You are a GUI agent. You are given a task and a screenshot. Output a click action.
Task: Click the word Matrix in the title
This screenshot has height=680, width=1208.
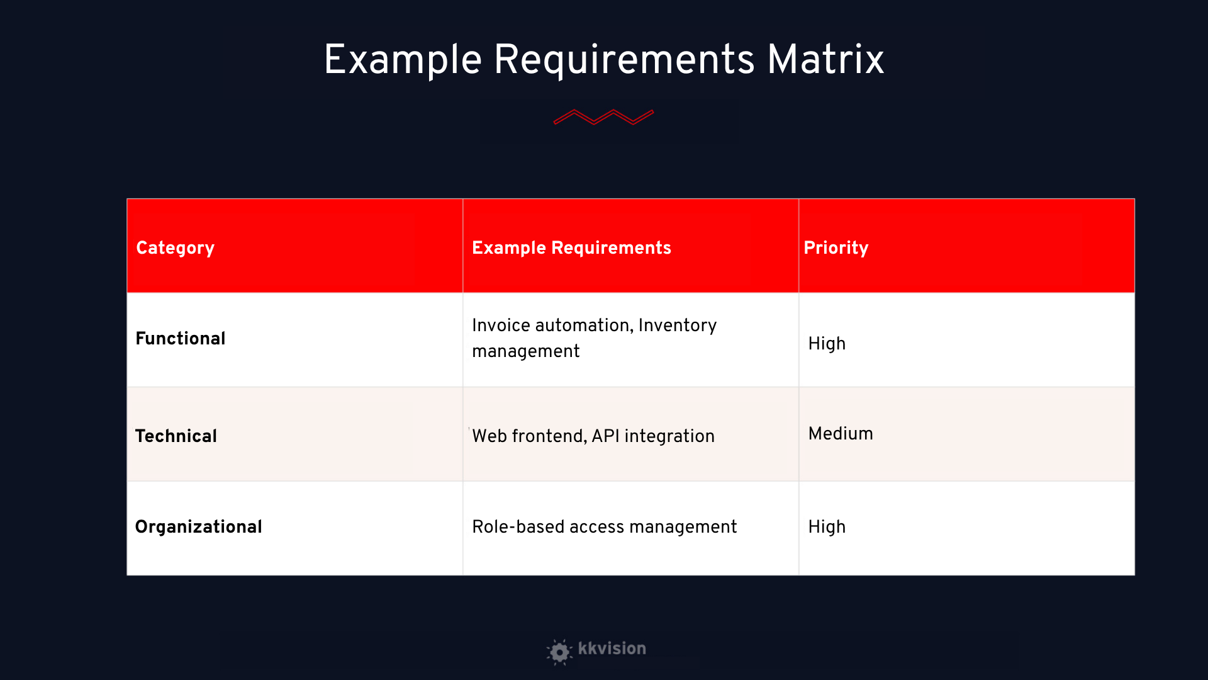(825, 60)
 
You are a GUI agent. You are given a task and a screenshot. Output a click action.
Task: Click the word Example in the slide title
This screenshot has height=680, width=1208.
(403, 61)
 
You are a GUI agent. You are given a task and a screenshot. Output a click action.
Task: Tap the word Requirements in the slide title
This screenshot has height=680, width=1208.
(624, 60)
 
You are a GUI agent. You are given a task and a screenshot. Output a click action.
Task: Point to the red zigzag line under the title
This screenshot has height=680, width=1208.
(604, 117)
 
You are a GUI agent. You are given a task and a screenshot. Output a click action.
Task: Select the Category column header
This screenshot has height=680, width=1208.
(176, 248)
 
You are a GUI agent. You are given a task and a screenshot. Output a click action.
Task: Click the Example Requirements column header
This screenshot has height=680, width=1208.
(571, 248)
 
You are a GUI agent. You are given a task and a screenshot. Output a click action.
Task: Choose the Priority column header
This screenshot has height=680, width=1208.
(836, 248)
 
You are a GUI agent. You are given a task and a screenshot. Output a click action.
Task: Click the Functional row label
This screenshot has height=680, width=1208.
(181, 339)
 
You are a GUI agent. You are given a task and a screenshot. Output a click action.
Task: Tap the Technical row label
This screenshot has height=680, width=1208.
(176, 436)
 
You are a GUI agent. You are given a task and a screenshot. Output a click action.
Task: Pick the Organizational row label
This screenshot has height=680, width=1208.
(199, 527)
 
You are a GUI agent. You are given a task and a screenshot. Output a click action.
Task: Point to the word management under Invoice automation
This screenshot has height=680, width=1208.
(526, 351)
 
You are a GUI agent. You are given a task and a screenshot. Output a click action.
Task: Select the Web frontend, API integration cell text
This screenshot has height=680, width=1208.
(593, 436)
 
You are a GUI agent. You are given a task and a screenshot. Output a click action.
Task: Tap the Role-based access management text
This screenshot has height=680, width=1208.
(605, 527)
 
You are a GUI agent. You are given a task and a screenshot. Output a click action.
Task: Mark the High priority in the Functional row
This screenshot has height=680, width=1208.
(827, 344)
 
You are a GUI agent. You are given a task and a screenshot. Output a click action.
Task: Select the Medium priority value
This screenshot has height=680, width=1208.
(841, 434)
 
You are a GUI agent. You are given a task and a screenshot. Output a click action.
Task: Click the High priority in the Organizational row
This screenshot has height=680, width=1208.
(827, 527)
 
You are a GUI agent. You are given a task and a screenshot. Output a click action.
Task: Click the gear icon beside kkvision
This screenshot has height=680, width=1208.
(559, 652)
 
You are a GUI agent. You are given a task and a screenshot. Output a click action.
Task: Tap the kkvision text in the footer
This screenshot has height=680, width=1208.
(612, 649)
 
